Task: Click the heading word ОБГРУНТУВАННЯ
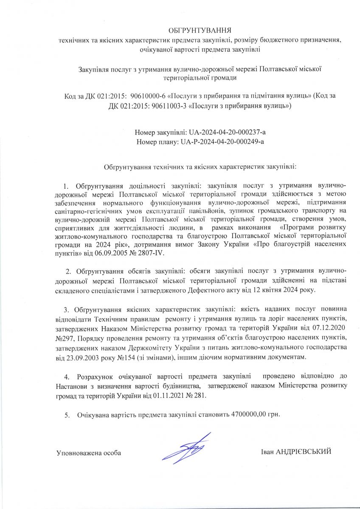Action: tap(200, 31)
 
